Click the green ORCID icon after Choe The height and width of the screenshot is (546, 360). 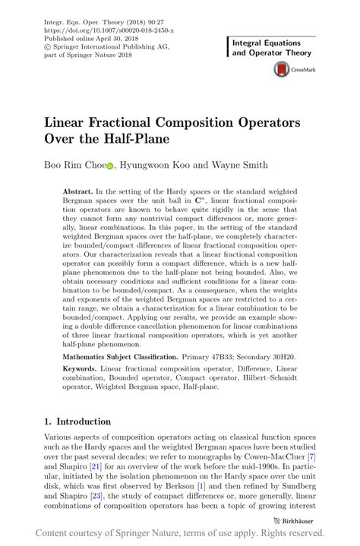pos(109,164)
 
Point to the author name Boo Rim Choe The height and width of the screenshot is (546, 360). pos(74,163)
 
